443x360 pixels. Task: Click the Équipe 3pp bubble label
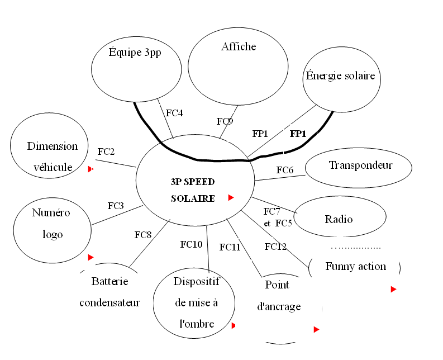coord(135,53)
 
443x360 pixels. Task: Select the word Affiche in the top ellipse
coord(239,47)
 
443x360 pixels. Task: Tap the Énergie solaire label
coord(340,75)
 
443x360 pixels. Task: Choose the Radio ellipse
coord(339,219)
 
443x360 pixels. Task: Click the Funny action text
coord(355,267)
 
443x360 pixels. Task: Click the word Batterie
coord(109,281)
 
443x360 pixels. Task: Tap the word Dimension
coord(53,146)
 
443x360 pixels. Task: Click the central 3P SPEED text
coord(193,182)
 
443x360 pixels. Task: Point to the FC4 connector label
coord(174,113)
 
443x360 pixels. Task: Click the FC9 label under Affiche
coord(225,121)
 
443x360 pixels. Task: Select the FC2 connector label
coord(106,151)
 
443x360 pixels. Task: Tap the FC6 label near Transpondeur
coord(285,169)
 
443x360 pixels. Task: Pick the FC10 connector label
coord(191,244)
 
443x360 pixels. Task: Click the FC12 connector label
coord(276,247)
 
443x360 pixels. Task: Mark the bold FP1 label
coord(298,134)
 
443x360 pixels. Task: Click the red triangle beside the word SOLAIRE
coord(231,197)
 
